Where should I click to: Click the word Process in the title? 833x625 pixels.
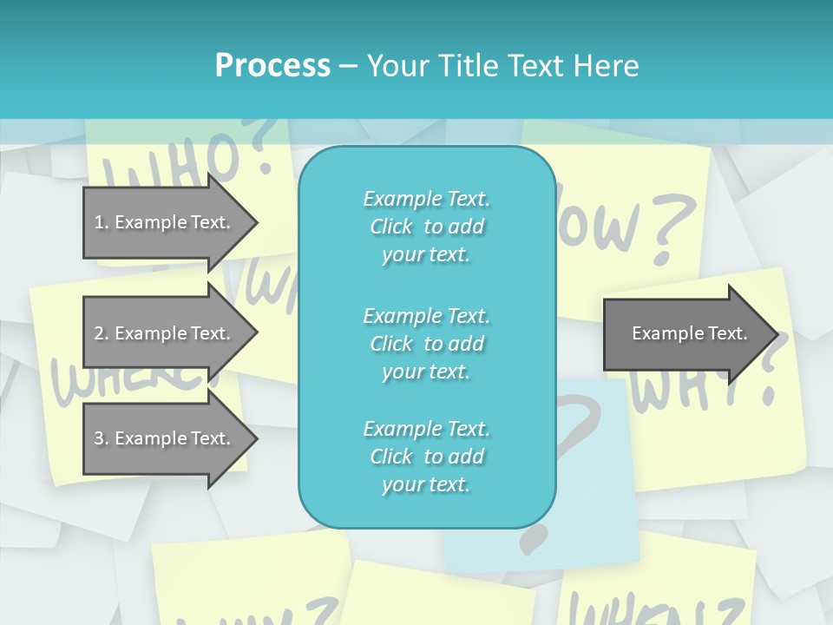click(272, 66)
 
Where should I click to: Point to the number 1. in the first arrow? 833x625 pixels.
click(102, 222)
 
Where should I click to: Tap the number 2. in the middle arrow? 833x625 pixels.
click(102, 333)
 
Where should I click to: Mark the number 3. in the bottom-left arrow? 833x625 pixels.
click(102, 438)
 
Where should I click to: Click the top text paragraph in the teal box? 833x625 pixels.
click(426, 227)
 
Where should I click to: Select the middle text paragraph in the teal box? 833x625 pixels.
click(426, 344)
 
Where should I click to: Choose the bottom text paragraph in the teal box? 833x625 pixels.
click(426, 457)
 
